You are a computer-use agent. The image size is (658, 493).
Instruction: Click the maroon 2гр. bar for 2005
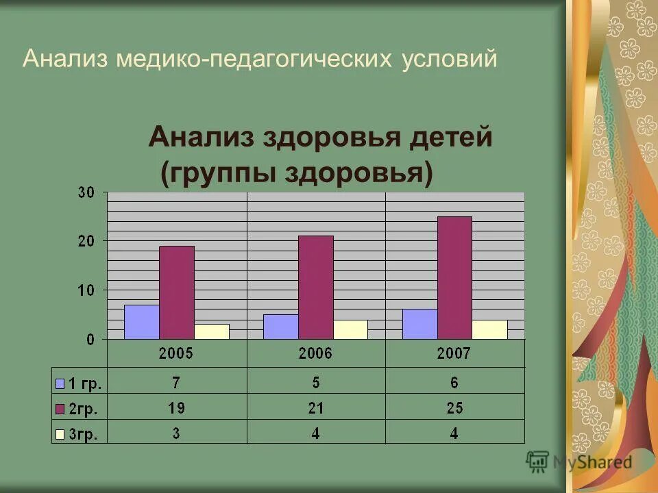[176, 292]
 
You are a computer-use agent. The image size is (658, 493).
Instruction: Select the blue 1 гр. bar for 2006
[280, 327]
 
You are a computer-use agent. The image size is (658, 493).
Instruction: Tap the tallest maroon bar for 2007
[454, 277]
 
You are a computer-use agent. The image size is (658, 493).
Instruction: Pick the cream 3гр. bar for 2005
[211, 331]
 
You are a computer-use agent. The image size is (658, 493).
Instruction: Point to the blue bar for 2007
[419, 324]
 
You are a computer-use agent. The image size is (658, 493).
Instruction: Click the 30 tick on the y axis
[86, 192]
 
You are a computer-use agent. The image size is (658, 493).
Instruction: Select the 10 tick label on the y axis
[86, 290]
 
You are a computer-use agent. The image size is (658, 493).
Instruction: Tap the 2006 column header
[315, 354]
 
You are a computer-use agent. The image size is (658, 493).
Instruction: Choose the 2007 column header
[454, 354]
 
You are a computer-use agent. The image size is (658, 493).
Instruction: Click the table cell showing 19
[176, 408]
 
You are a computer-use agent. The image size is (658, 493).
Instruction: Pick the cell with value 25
[454, 408]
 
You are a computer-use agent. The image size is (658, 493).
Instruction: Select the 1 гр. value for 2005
[176, 382]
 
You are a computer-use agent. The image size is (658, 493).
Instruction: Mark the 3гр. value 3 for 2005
[176, 433]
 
